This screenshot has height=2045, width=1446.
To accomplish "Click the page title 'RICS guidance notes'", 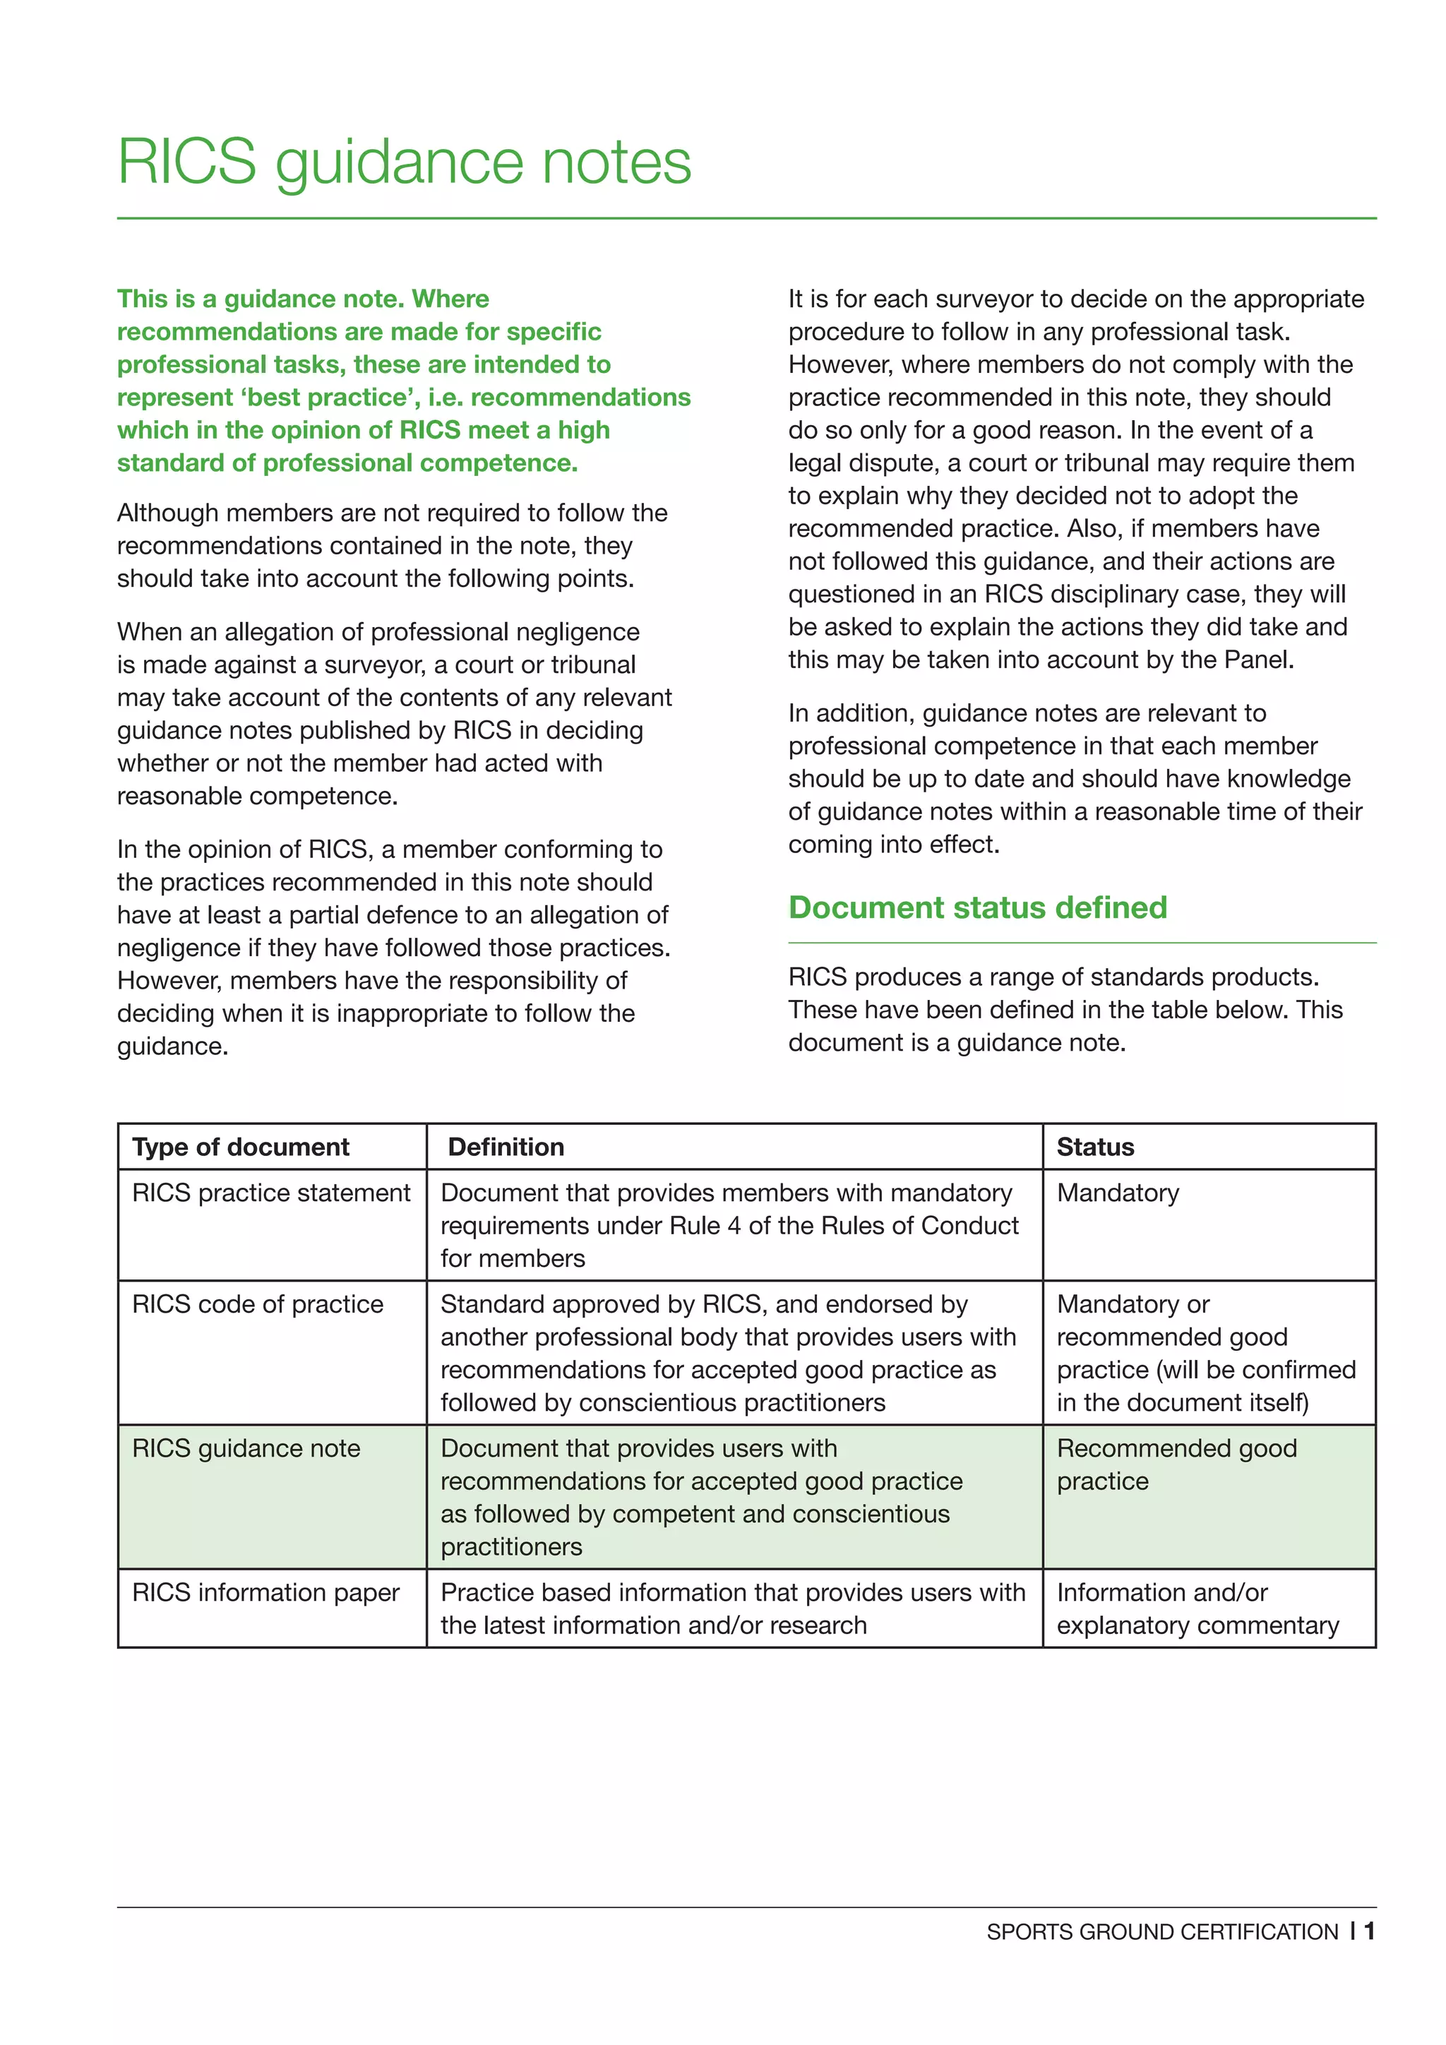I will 405,162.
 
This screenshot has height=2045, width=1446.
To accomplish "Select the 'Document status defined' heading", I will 976,907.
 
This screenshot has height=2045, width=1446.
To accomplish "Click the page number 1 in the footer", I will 1368,1931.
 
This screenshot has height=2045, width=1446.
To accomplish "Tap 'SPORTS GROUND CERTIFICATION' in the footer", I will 1162,1932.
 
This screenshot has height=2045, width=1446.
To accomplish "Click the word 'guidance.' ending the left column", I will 173,1046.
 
